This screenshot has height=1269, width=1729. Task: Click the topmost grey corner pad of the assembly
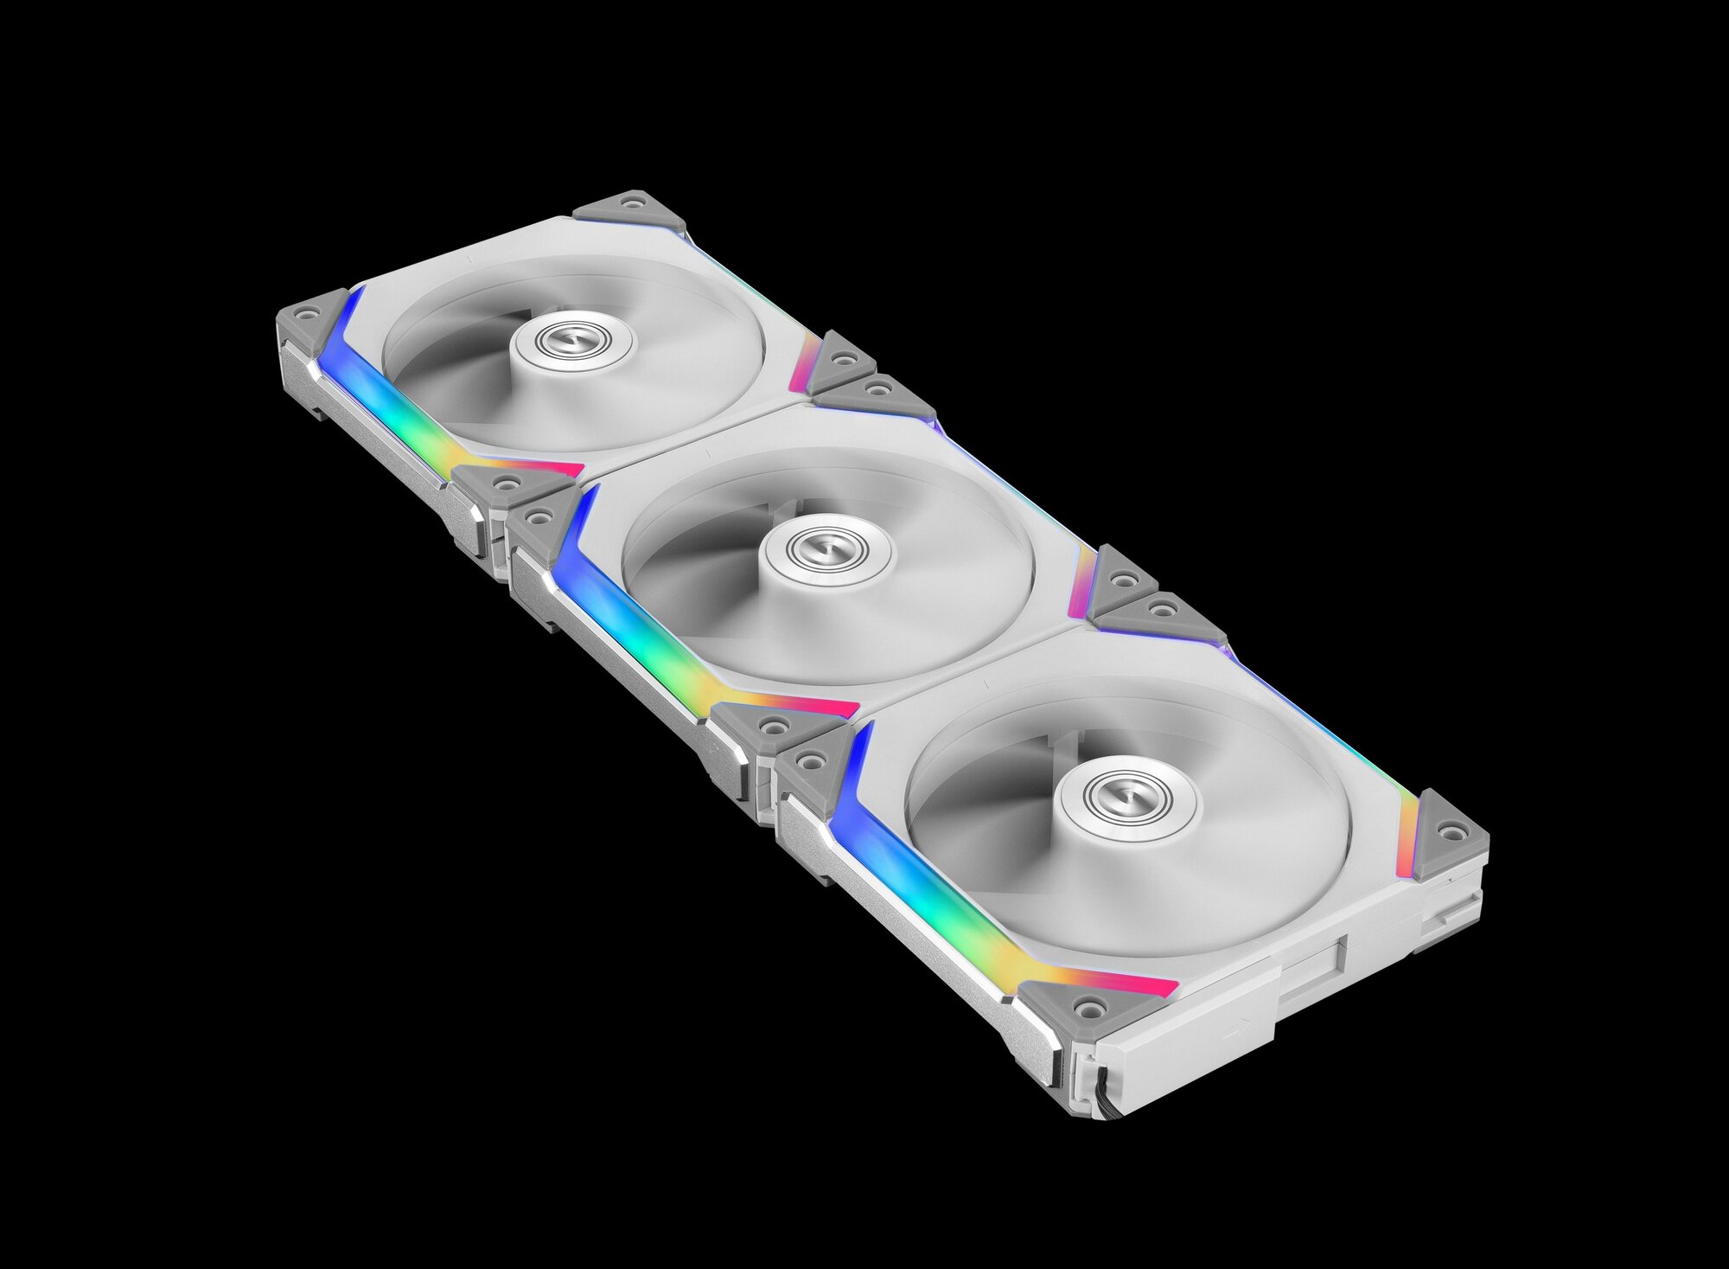tap(628, 208)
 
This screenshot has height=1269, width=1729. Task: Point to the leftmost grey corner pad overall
tap(310, 318)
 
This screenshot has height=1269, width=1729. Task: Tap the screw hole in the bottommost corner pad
tap(1092, 1007)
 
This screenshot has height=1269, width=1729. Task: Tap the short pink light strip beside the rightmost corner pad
tap(1407, 835)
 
